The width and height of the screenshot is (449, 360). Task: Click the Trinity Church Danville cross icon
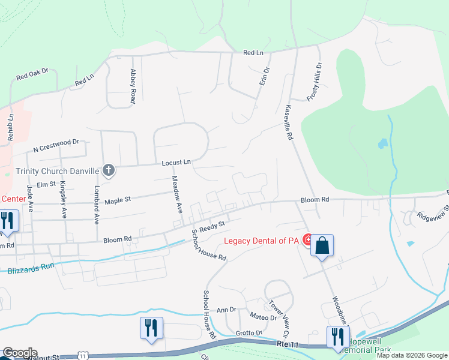tap(109, 171)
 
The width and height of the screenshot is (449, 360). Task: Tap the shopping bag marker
tap(322, 245)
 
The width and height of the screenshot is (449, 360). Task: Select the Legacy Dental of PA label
tap(261, 241)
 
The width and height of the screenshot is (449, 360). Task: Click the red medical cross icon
tap(308, 241)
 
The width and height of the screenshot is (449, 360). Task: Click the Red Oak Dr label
tap(32, 75)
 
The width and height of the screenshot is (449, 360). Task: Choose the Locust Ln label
tap(176, 162)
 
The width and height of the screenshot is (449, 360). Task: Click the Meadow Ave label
tap(177, 194)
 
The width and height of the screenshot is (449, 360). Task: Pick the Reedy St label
tap(212, 226)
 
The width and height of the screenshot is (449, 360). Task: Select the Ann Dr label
tap(226, 309)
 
